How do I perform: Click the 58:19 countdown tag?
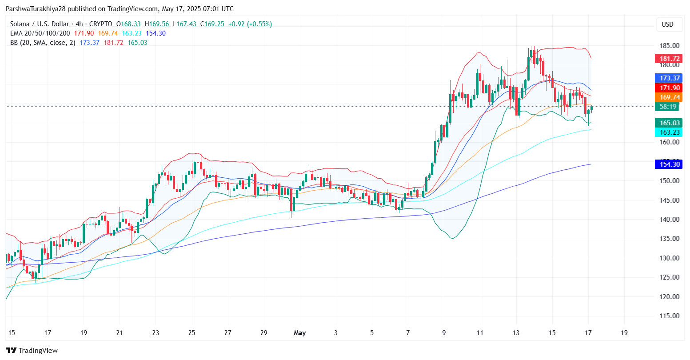tap(668, 107)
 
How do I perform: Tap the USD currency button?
tap(667, 24)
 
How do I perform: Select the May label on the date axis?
tap(300, 333)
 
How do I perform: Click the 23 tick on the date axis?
tap(155, 333)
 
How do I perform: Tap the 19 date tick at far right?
tap(624, 333)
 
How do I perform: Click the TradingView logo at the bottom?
tap(32, 351)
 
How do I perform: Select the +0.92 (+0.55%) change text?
tap(250, 24)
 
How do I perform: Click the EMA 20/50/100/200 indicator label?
tap(40, 33)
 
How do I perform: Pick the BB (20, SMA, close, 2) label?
tap(43, 43)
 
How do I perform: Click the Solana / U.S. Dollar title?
tap(40, 24)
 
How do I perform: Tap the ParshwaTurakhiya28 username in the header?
tap(37, 9)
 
